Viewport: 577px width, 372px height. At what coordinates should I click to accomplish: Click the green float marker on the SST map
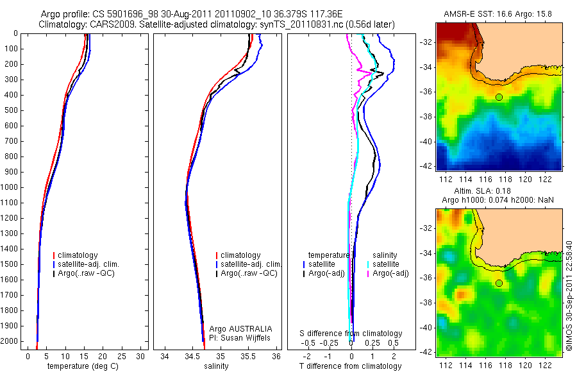499,97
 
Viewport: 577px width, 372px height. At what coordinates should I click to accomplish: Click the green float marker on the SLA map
499,283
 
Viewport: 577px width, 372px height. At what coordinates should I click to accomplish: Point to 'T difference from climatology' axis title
350,366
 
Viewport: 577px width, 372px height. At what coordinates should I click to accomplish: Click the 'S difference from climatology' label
351,334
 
